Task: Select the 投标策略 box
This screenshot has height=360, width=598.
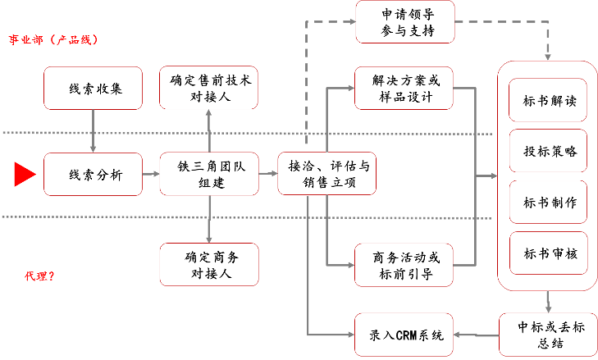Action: [548, 151]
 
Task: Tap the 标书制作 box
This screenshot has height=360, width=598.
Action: [548, 202]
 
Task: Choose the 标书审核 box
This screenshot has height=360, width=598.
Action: [548, 253]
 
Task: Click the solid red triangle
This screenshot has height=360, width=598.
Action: [25, 174]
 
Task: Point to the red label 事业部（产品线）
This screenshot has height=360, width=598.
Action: [53, 39]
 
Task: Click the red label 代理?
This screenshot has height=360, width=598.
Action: [39, 276]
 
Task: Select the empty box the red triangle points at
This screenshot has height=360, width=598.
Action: [93, 174]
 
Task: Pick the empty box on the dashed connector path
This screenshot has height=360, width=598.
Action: [405, 22]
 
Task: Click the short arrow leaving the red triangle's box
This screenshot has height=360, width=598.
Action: [150, 174]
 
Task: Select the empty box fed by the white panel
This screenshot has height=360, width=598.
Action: [548, 334]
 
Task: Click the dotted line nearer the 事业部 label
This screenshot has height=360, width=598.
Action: [246, 133]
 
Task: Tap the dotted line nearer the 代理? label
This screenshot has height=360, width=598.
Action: [246, 217]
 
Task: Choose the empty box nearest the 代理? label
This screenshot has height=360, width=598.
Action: [208, 264]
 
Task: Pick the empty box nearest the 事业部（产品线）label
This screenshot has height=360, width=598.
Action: [93, 88]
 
